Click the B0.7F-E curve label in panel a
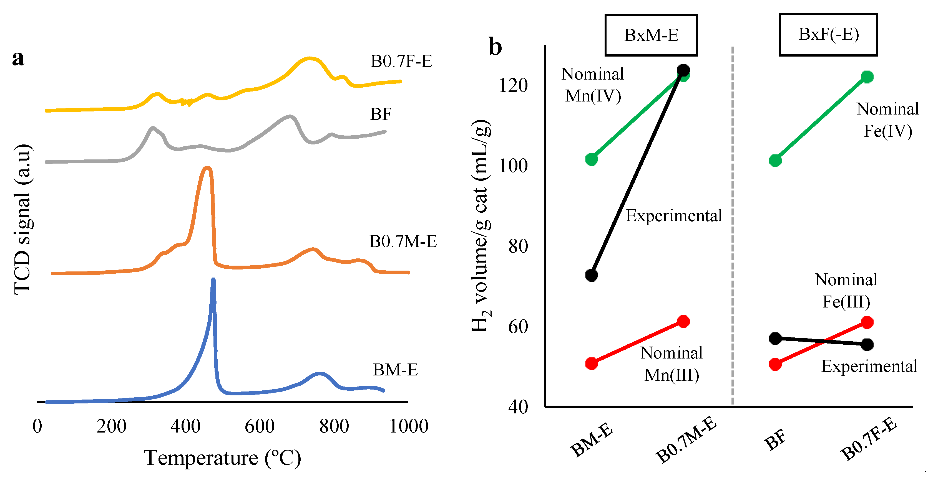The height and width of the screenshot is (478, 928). click(x=401, y=61)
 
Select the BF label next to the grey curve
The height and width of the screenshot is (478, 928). click(x=380, y=114)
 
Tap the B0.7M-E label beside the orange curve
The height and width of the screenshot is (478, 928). click(x=403, y=241)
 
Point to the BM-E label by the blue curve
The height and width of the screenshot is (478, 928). click(x=395, y=370)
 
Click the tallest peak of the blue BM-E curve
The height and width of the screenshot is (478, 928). click(x=213, y=280)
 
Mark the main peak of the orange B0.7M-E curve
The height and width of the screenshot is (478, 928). click(x=207, y=168)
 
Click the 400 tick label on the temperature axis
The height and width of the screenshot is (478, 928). click(x=185, y=426)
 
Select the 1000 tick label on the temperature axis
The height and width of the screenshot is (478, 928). click(x=409, y=426)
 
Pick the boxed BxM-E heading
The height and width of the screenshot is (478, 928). click(x=651, y=35)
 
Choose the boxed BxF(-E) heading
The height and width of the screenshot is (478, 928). click(x=828, y=35)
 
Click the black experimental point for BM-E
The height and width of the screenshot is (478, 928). click(x=592, y=275)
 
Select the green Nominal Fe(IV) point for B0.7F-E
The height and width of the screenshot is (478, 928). click(x=867, y=77)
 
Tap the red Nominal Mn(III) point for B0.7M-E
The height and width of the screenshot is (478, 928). click(x=683, y=321)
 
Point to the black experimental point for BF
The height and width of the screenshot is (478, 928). click(x=775, y=338)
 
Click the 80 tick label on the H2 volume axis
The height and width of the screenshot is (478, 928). click(x=518, y=246)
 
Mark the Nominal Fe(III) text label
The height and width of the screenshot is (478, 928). click(x=846, y=291)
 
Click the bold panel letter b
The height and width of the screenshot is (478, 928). click(x=495, y=47)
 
